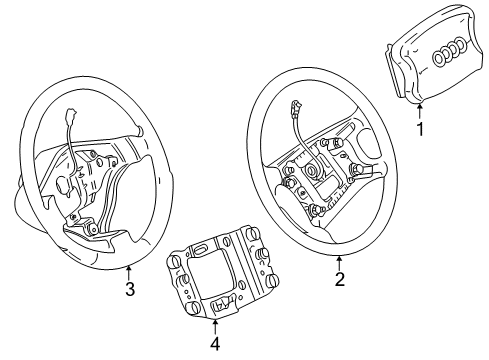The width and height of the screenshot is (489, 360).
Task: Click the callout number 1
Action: (x=421, y=129)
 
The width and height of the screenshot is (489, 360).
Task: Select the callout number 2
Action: (x=339, y=279)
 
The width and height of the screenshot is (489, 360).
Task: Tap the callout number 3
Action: (x=130, y=289)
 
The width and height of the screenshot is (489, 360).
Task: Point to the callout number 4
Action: (x=216, y=344)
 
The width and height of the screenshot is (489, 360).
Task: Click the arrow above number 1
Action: (x=420, y=112)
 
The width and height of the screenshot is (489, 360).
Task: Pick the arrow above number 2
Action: (x=339, y=263)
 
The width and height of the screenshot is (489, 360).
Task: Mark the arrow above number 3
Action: (x=129, y=272)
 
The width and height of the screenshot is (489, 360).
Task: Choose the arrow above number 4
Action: (x=215, y=327)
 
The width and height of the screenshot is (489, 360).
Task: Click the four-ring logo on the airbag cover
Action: (x=449, y=51)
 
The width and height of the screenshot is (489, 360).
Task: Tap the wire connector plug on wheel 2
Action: (x=295, y=108)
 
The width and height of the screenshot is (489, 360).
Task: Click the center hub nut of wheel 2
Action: (x=313, y=171)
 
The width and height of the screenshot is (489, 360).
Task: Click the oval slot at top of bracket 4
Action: (x=199, y=249)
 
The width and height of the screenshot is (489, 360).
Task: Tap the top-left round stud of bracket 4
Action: (x=174, y=261)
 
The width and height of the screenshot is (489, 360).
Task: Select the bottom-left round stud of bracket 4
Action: (x=192, y=307)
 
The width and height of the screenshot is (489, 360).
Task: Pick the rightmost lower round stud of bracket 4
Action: (x=273, y=279)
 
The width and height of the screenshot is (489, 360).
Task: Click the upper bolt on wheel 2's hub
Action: (x=336, y=143)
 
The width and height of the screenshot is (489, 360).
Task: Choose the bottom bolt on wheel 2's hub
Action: (x=315, y=210)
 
